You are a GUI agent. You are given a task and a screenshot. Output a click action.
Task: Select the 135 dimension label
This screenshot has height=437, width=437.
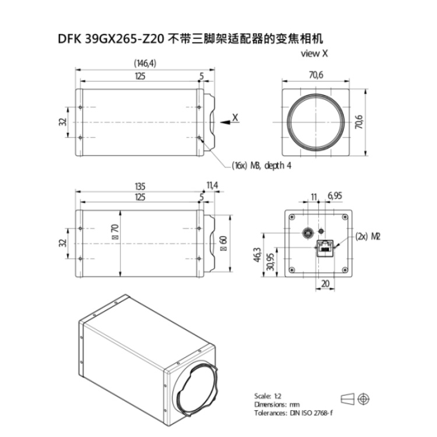[140, 186]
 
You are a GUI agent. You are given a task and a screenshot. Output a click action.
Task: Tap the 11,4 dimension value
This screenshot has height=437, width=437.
[212, 185]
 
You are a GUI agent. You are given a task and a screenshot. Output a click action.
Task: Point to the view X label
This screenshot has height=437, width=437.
[314, 53]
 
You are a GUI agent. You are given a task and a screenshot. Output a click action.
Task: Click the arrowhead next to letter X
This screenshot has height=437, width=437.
[225, 122]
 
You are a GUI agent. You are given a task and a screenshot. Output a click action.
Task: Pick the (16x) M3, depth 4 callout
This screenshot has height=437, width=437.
[262, 165]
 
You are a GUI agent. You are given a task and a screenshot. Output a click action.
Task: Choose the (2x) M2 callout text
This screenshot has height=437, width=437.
[368, 237]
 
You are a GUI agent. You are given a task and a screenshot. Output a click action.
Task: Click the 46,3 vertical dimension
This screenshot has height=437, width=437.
[257, 255]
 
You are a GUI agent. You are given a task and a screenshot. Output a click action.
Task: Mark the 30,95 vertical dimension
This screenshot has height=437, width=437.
[270, 262]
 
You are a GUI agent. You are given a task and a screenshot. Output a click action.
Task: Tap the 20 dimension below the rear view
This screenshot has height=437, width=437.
[325, 283]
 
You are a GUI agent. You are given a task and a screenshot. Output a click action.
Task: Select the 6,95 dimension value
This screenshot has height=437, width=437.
[334, 196]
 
